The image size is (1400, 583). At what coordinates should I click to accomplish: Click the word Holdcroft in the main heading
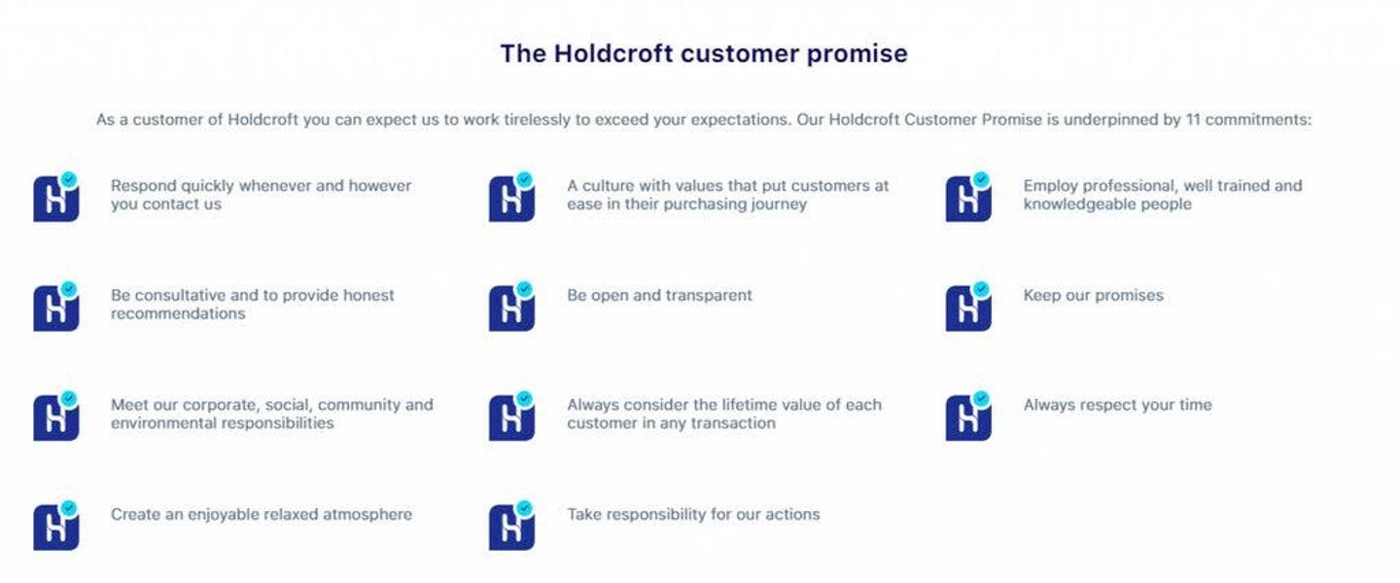pyautogui.click(x=612, y=54)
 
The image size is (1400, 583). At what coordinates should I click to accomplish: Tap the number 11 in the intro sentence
pyautogui.click(x=1193, y=120)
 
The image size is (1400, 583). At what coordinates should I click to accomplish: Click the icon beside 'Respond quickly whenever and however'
pyautogui.click(x=56, y=197)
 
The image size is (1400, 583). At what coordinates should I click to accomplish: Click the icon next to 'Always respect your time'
pyautogui.click(x=968, y=416)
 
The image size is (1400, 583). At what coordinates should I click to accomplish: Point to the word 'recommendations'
pyautogui.click(x=178, y=313)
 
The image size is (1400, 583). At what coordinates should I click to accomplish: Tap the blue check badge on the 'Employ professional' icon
pyautogui.click(x=981, y=179)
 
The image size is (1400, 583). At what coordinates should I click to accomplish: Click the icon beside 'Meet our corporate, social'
pyautogui.click(x=56, y=416)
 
